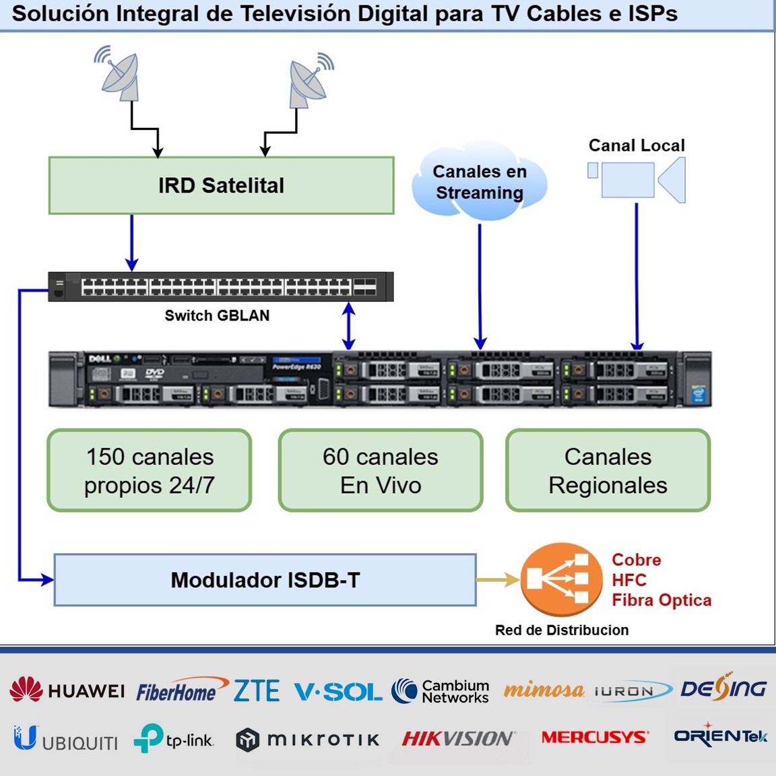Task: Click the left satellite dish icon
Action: pyautogui.click(x=119, y=74)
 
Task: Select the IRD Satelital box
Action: pyautogui.click(x=221, y=186)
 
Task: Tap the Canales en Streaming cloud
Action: pyautogui.click(x=479, y=183)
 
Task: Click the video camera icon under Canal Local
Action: pyautogui.click(x=637, y=179)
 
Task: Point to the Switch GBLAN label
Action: pyautogui.click(x=217, y=316)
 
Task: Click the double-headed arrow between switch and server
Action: pyautogui.click(x=348, y=325)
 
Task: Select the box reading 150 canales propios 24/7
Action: pyautogui.click(x=150, y=471)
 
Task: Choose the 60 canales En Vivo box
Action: pyautogui.click(x=381, y=471)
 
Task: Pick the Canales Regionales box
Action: pyautogui.click(x=608, y=471)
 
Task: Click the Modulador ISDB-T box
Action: pyautogui.click(x=265, y=580)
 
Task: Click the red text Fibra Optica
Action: pyautogui.click(x=661, y=600)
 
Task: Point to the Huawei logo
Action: pyautogui.click(x=67, y=690)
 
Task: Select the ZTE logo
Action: pyautogui.click(x=257, y=690)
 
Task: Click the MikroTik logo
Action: pyautogui.click(x=308, y=740)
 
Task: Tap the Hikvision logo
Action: pyautogui.click(x=459, y=739)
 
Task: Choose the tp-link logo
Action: pyautogui.click(x=174, y=739)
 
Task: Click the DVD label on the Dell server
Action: pyautogui.click(x=154, y=373)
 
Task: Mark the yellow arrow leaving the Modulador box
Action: pyautogui.click(x=497, y=579)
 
